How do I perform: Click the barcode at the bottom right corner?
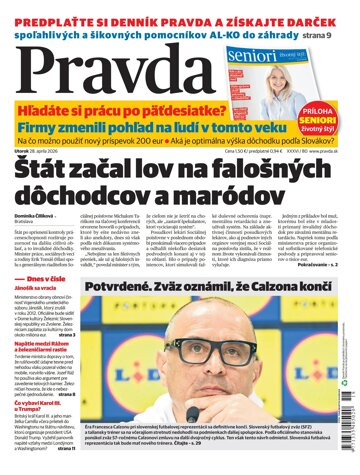point(349,440)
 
